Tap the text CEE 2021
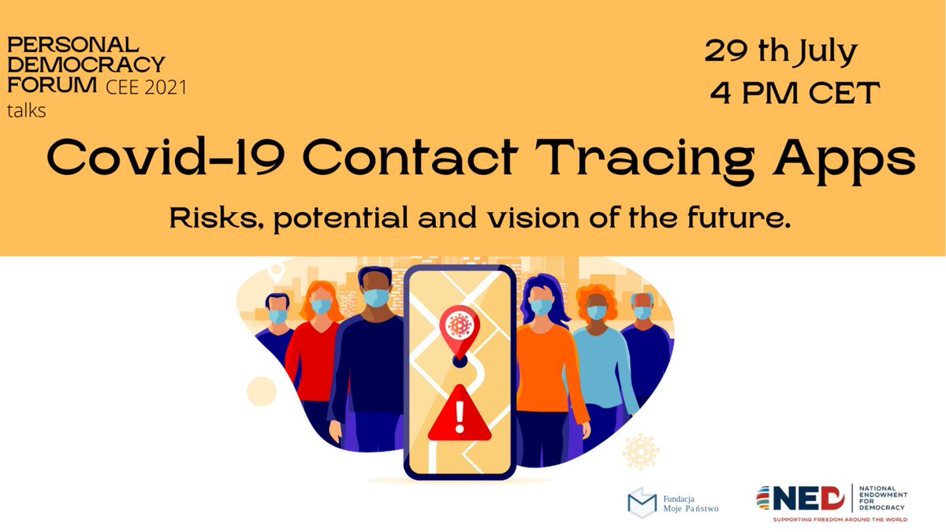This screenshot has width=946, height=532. coord(147,87)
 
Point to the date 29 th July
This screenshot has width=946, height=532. coord(780,53)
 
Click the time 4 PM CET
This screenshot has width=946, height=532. coord(793,94)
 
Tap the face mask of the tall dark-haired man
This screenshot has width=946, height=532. coord(377,298)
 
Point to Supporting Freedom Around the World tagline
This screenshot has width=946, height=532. coord(840,520)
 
